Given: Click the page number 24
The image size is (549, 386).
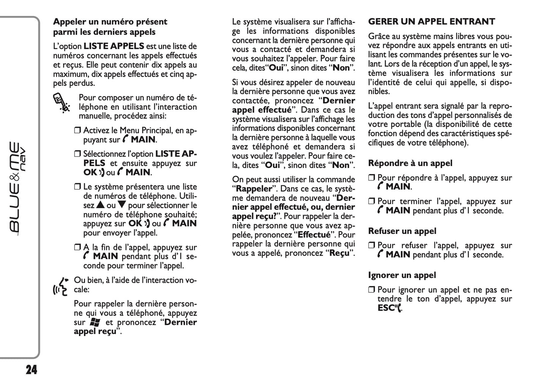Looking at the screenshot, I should tap(32, 370).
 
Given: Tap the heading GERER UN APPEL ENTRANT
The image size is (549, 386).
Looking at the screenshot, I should tap(432, 22).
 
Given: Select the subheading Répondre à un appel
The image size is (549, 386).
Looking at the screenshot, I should tap(410, 163).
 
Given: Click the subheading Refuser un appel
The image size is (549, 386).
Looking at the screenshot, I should tap(402, 231).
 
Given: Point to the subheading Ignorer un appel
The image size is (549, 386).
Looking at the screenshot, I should tap(402, 275).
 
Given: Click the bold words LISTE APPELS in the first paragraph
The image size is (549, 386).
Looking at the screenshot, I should tap(114, 46).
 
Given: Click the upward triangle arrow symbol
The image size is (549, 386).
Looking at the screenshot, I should tap(100, 205).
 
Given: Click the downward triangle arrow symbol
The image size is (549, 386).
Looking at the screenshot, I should tap(122, 205).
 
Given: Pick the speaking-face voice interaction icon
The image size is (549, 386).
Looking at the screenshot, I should tap(62, 287).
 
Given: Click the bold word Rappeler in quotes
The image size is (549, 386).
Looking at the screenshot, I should tap(254, 189).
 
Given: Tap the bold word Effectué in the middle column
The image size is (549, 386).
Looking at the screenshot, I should tap(314, 235).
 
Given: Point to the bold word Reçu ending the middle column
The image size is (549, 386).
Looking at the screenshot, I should tap(339, 253).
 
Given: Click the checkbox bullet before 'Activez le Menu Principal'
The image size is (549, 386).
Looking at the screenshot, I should tap(78, 131).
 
